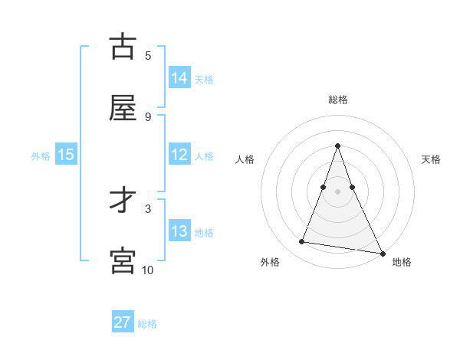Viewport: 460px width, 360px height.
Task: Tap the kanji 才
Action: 123,201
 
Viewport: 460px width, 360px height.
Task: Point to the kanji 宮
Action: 123,260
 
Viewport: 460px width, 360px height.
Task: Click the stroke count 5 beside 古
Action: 148,55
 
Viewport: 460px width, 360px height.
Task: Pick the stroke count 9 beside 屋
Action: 148,116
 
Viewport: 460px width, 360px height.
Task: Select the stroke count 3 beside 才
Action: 148,208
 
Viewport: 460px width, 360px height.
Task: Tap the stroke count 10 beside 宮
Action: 148,270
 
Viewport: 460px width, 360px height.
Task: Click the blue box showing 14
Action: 179,78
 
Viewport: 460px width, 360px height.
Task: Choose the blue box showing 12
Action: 179,155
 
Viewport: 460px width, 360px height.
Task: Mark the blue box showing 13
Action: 179,231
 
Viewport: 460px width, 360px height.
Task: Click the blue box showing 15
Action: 66,155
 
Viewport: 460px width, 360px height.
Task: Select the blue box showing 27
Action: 123,322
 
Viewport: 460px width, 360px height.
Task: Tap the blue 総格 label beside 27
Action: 147,324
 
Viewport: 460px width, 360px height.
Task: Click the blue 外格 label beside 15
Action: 41,156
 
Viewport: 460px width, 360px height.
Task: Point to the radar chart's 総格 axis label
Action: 338,100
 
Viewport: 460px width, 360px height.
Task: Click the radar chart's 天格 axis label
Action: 431,159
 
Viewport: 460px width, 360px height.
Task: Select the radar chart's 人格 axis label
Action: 245,159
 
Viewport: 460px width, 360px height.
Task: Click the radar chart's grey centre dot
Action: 338,191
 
